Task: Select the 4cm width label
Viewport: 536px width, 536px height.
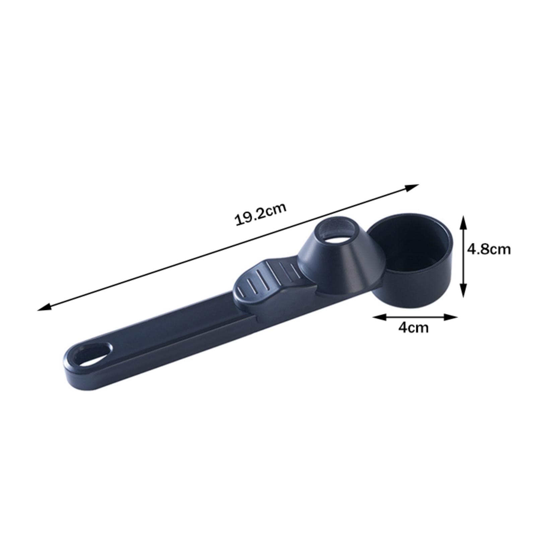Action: (413, 327)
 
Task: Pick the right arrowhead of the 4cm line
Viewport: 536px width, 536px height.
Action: (451, 317)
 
